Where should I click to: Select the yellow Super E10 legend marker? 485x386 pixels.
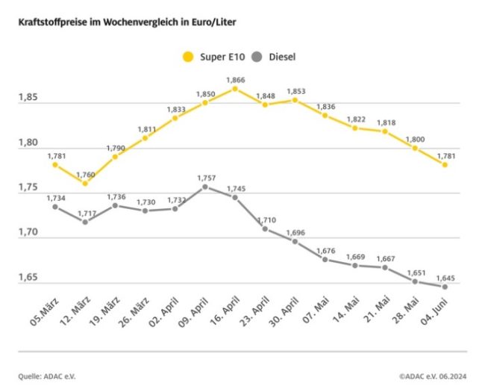click(187, 56)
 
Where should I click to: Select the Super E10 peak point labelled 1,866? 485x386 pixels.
click(234, 89)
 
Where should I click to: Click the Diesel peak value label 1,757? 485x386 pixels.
click(205, 178)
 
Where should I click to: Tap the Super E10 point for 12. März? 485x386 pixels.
click(84, 183)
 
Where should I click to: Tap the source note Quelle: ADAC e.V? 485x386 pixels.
click(49, 376)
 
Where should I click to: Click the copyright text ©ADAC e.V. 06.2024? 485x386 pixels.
click(431, 376)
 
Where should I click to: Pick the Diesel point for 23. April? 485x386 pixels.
click(265, 228)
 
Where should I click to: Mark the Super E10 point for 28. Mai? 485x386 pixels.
click(415, 148)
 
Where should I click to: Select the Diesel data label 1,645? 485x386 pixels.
click(445, 278)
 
